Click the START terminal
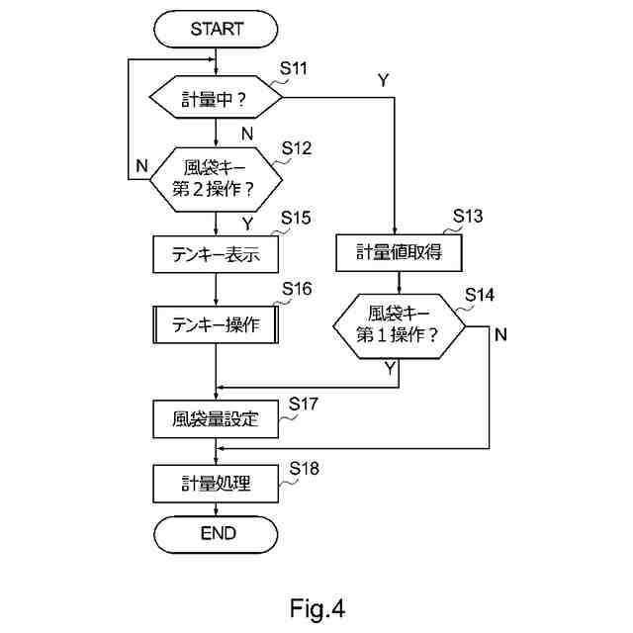click(x=216, y=30)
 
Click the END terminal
click(x=216, y=533)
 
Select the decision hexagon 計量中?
click(x=216, y=99)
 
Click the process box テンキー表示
click(x=216, y=253)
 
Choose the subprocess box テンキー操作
click(x=216, y=323)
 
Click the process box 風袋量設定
click(x=216, y=418)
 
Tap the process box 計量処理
click(x=216, y=484)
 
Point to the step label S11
click(x=295, y=68)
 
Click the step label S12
click(x=297, y=148)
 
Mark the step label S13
click(x=469, y=216)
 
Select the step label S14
click(x=481, y=294)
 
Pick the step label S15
click(x=297, y=218)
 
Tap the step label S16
click(x=297, y=288)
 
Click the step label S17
click(x=304, y=404)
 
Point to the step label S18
click(x=304, y=468)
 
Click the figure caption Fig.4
click(x=317, y=606)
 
